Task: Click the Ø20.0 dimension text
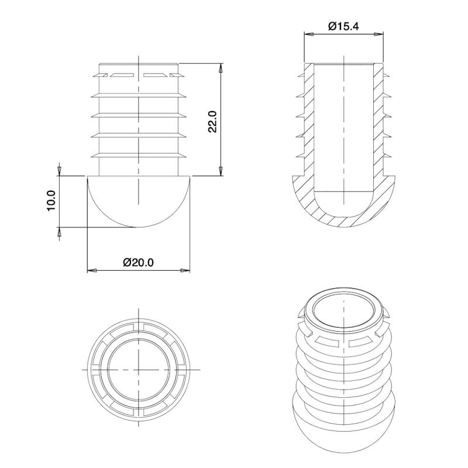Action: pyautogui.click(x=139, y=263)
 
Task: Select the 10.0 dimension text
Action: pyautogui.click(x=51, y=201)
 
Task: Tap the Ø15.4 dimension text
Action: pyautogui.click(x=344, y=26)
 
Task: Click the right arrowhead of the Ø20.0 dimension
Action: pyautogui.click(x=185, y=270)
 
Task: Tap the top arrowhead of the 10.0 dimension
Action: pyautogui.click(x=58, y=171)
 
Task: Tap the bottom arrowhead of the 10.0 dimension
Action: pyautogui.click(x=58, y=232)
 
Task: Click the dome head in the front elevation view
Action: pyautogui.click(x=139, y=202)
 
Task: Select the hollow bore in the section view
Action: pyautogui.click(x=343, y=129)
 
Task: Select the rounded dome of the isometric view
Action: pyautogui.click(x=343, y=427)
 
